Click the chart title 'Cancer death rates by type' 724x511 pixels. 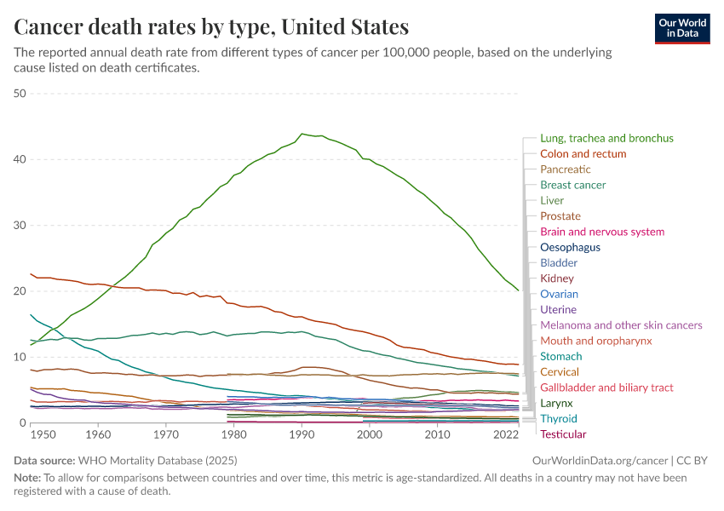point(211,26)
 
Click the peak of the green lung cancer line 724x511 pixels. point(302,134)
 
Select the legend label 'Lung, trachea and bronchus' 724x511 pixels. point(606,138)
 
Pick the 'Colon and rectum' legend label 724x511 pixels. point(583,154)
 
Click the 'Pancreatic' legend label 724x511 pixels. point(566,169)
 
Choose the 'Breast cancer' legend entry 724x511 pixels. point(572,185)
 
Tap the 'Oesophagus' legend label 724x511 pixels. point(570,247)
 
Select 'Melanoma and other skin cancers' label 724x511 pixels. point(621,325)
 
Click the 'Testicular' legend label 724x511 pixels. point(563,434)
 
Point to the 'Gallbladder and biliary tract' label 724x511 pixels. point(606,388)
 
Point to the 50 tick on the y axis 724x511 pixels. point(20,94)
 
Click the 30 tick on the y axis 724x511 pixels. point(20,226)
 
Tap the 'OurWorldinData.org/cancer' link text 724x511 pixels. point(593,461)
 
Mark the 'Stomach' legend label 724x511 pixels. point(561,356)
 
